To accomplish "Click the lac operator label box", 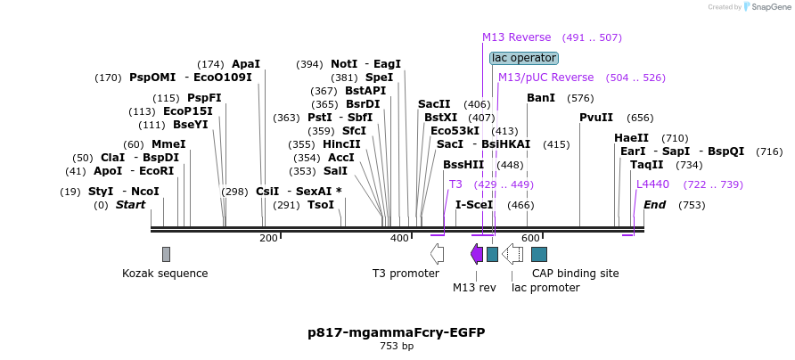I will [524, 58].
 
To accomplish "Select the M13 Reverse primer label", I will [517, 37].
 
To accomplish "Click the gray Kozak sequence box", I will [166, 254].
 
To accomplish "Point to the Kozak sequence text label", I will [165, 274].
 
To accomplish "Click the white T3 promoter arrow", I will [437, 254].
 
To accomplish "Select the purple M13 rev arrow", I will [477, 254].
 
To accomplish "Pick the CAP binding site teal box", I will [539, 254].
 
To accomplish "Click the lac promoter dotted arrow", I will [513, 254].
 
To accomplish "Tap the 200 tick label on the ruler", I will [268, 238].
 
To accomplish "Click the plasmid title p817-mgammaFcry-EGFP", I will [397, 332].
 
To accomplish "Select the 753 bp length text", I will [397, 346].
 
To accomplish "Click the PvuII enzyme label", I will [596, 118].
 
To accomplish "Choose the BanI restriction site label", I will [541, 97].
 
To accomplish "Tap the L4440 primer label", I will [652, 184].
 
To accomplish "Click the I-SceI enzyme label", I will [474, 205].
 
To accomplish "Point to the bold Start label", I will [130, 205].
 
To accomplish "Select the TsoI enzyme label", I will [321, 205].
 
